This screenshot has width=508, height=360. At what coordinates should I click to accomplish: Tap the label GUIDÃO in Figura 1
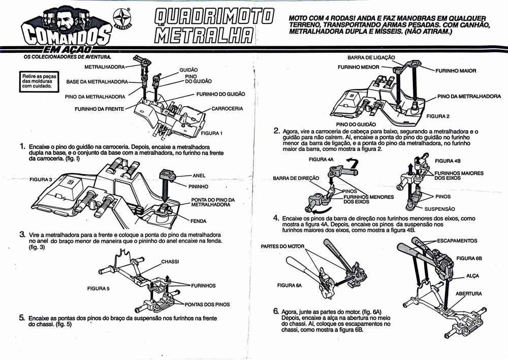tap(188, 70)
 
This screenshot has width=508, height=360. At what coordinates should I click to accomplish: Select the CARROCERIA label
tap(227, 109)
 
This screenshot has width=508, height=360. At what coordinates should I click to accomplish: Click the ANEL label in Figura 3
tap(199, 176)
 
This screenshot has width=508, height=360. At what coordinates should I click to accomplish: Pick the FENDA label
tap(198, 221)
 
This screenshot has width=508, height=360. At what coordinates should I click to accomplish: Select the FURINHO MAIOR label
tap(456, 71)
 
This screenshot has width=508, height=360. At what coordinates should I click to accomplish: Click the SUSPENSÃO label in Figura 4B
tap(439, 209)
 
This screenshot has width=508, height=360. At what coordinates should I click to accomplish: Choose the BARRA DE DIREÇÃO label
tap(296, 178)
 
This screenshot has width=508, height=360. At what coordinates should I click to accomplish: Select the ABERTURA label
tap(468, 293)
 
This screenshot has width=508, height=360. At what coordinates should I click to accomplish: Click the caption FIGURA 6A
tap(290, 285)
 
